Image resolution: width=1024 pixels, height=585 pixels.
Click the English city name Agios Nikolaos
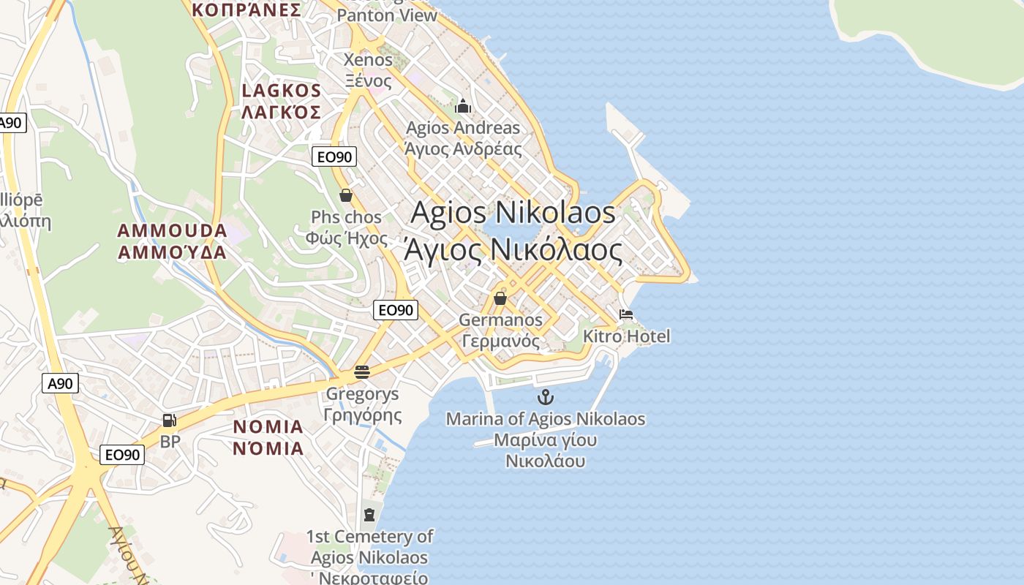pos(513,213)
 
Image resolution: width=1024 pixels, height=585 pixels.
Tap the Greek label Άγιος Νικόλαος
pos(513,250)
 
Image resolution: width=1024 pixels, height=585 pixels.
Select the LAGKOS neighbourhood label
pos(282,91)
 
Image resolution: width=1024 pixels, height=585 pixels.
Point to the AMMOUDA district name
pos(172,231)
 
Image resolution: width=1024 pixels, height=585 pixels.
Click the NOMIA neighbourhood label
pos(268,426)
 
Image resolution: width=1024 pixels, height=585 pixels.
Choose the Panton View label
pos(387,15)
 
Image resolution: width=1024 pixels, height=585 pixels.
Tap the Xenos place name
pos(369,59)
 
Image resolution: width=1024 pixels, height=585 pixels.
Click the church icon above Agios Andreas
pos(462,107)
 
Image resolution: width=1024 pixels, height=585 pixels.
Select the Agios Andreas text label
pos(463,128)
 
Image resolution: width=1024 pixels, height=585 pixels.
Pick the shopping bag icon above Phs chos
pos(346,195)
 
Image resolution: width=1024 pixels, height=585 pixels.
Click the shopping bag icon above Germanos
pos(500,298)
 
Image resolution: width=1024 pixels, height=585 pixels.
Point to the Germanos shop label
pos(500,320)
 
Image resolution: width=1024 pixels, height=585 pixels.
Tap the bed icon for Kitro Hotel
pos(626,315)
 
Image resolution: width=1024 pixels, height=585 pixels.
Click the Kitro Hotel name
pos(626,336)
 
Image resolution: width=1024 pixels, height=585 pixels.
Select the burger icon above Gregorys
pos(361,371)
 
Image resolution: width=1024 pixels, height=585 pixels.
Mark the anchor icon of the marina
pos(545,397)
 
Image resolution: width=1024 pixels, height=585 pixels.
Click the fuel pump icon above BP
pos(170,420)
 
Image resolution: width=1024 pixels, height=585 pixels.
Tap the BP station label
pos(170,442)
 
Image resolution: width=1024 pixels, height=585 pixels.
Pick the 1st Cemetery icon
pos(369,515)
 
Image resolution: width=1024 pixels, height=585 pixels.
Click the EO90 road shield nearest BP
pos(122,455)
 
